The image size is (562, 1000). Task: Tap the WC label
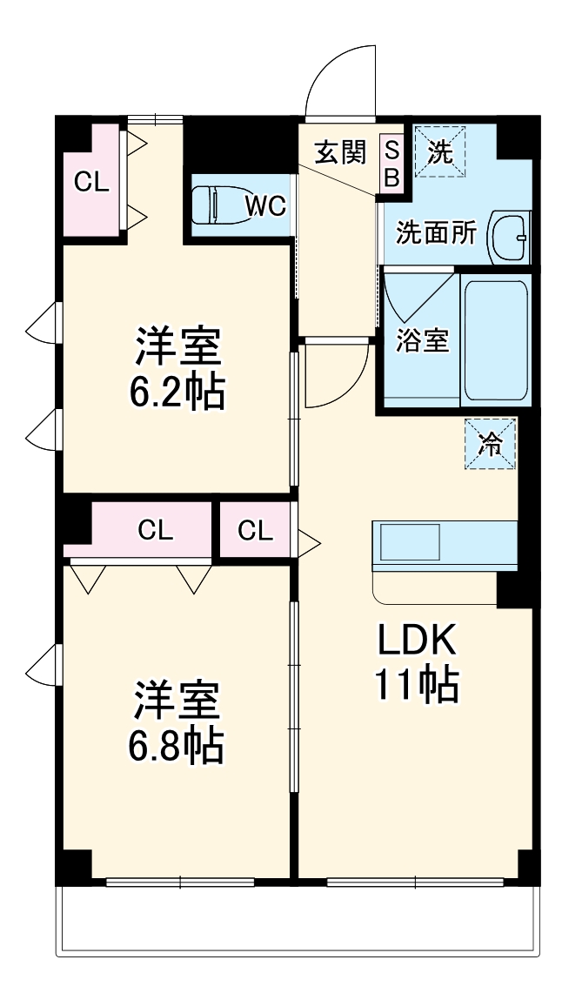(265, 206)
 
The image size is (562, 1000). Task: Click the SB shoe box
(391, 164)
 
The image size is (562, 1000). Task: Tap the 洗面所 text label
(436, 232)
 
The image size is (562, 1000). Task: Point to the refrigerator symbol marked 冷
(491, 444)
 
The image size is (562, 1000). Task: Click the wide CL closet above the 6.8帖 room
(154, 529)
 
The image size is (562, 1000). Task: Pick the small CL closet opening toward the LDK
(256, 529)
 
